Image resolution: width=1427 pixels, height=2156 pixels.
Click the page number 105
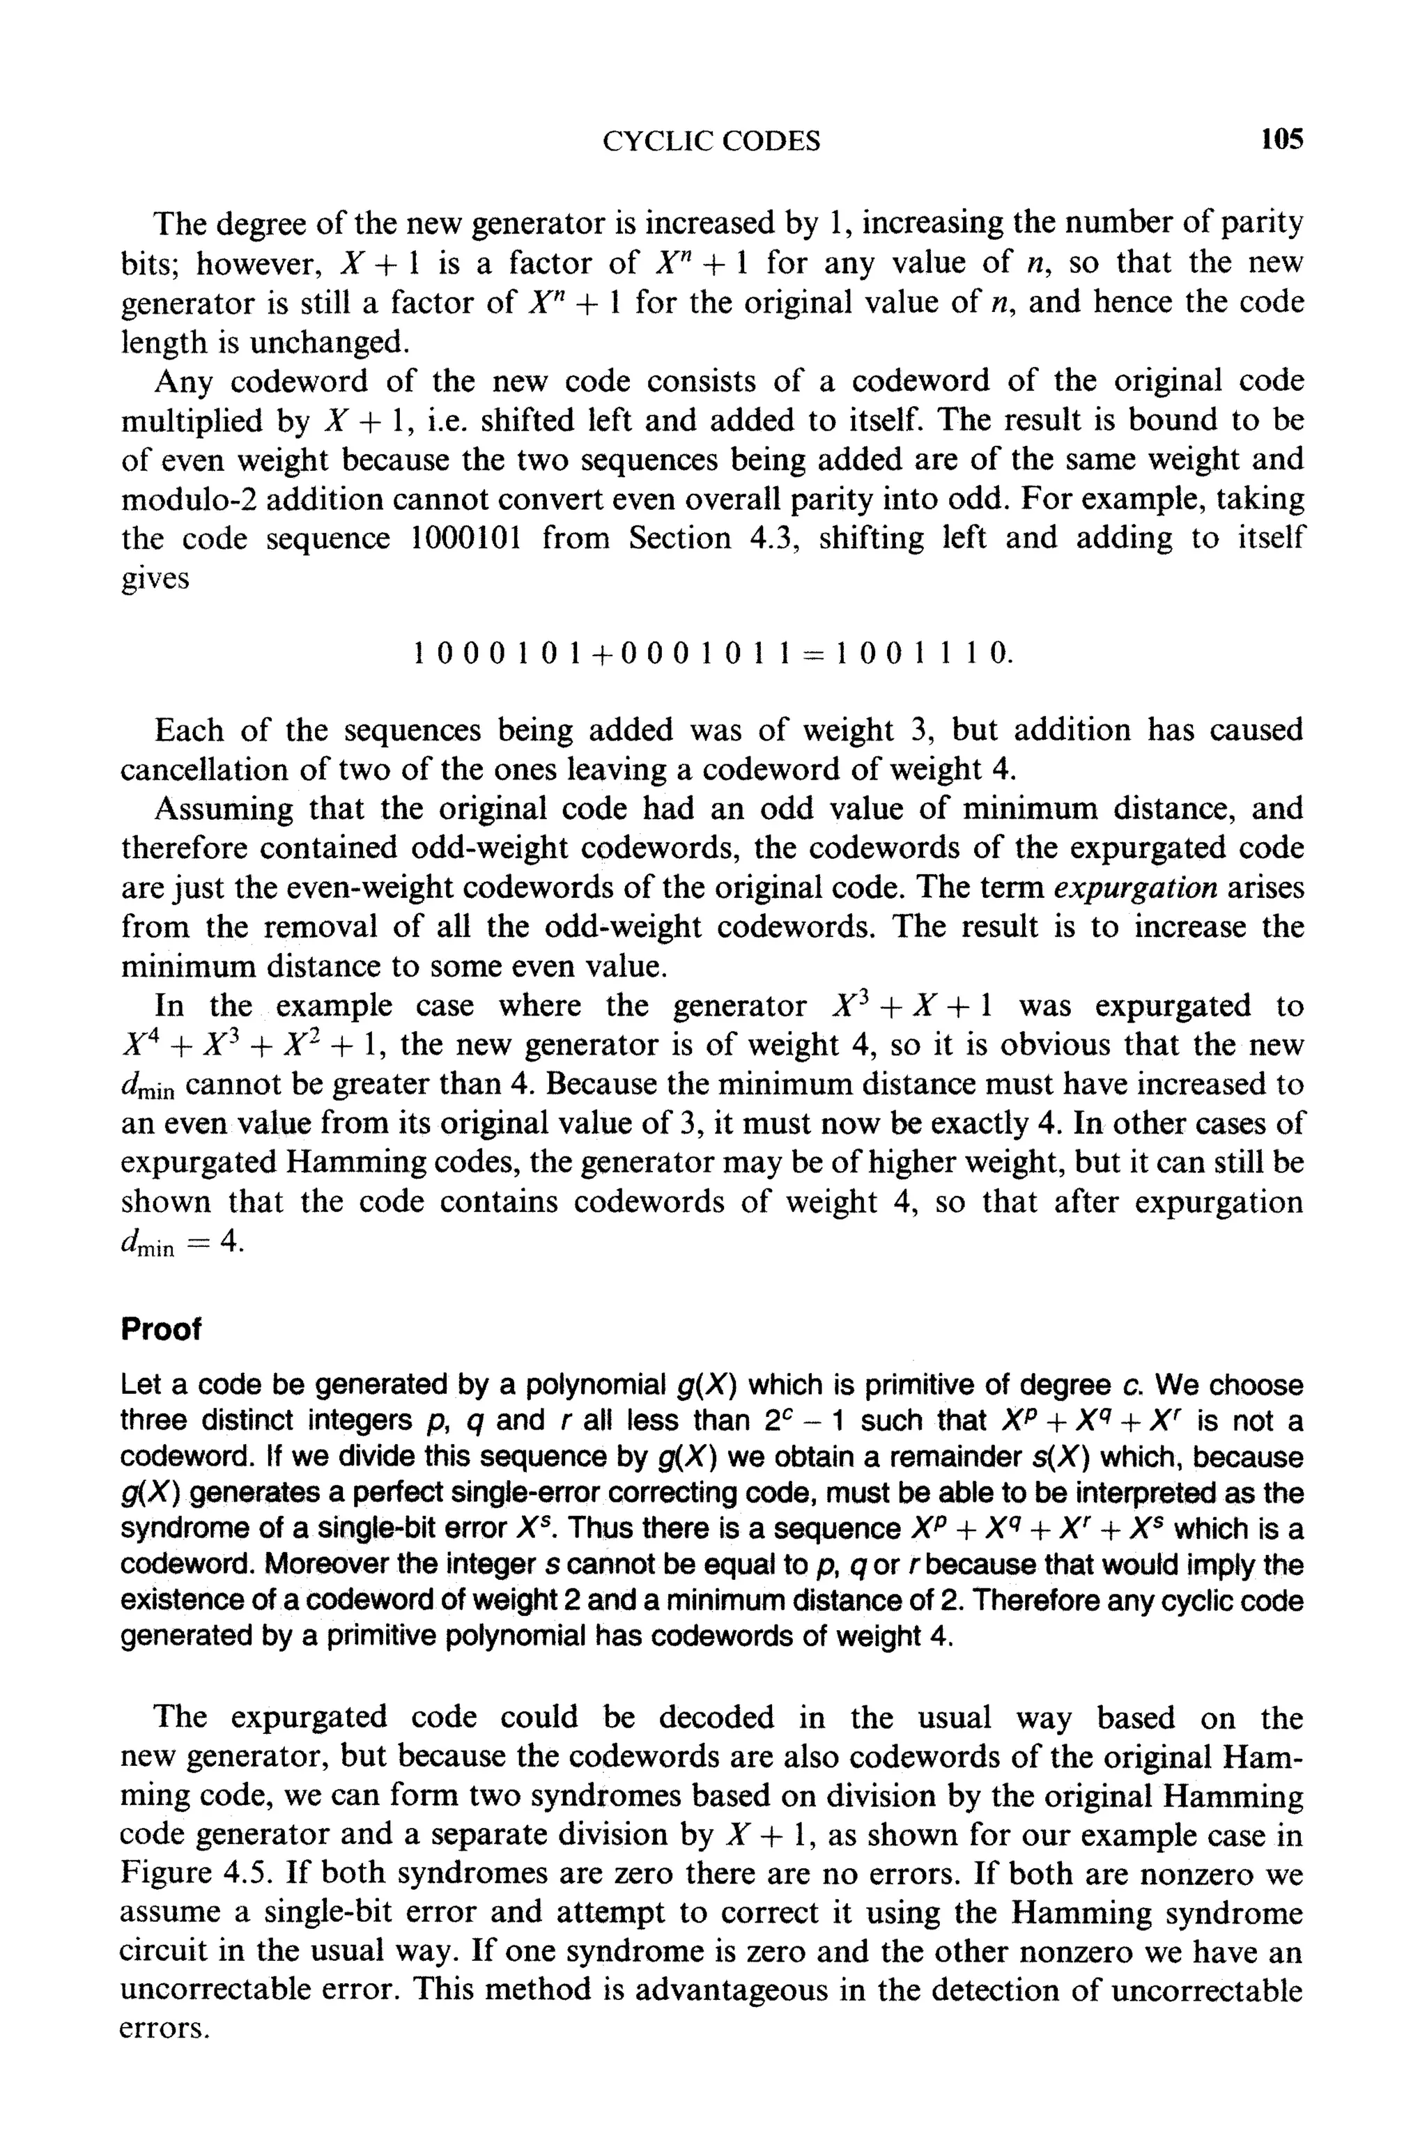tap(1281, 140)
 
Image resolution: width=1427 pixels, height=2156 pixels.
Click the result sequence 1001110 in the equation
tap(923, 653)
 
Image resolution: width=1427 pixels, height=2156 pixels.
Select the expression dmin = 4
tap(183, 1243)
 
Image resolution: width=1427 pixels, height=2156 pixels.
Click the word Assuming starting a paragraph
tap(223, 808)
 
